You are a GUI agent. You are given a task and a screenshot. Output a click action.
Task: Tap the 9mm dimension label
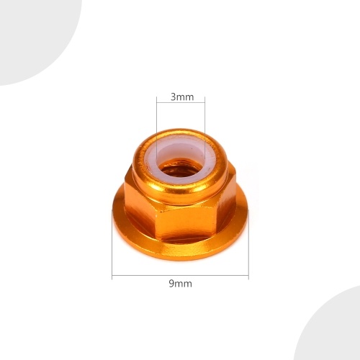click(x=180, y=284)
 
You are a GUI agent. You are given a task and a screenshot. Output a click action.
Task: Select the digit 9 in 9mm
click(x=171, y=284)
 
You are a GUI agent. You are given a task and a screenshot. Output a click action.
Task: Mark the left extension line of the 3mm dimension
click(x=156, y=119)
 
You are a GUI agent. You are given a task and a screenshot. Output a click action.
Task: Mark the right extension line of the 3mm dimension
click(x=204, y=119)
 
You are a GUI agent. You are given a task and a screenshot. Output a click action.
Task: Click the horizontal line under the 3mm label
click(x=180, y=105)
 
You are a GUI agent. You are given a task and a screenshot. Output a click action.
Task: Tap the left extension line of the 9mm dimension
click(x=112, y=252)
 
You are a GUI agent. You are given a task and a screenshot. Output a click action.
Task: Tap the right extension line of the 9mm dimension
click(x=248, y=252)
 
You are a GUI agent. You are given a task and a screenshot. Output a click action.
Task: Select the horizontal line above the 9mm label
click(x=180, y=276)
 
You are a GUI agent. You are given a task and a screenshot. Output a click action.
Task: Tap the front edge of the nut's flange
click(x=180, y=252)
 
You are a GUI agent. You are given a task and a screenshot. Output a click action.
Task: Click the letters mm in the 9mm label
click(x=184, y=284)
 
